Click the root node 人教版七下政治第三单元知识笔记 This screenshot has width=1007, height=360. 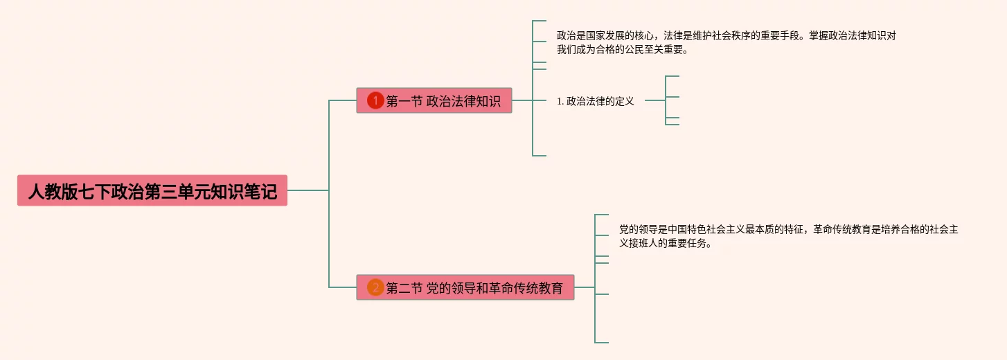pos(152,190)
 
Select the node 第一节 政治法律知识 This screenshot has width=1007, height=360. pos(434,100)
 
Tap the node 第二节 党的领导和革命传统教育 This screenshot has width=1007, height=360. pos(465,287)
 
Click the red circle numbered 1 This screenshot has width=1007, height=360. pos(375,101)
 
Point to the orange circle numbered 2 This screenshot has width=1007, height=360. pos(375,287)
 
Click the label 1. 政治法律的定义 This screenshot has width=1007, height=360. pos(596,101)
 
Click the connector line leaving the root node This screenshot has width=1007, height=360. pos(308,190)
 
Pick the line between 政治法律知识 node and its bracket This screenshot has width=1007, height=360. pos(522,100)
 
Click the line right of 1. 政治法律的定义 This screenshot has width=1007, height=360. pos(654,100)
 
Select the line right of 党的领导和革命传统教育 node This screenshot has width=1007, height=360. pos(584,287)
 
